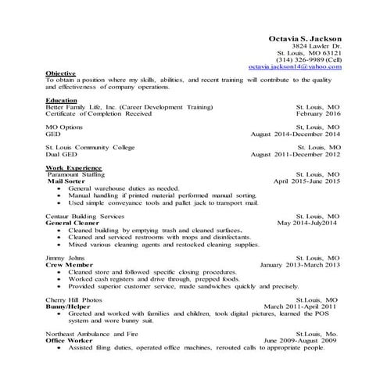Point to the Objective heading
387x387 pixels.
tap(60, 73)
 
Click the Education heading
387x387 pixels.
tap(61, 101)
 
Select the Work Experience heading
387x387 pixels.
tap(73, 167)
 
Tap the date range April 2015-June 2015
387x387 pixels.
tap(306, 181)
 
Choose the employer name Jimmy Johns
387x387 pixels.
tap(63, 257)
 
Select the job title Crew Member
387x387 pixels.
tap(67, 264)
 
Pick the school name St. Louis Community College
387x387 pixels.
tap(90, 147)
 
